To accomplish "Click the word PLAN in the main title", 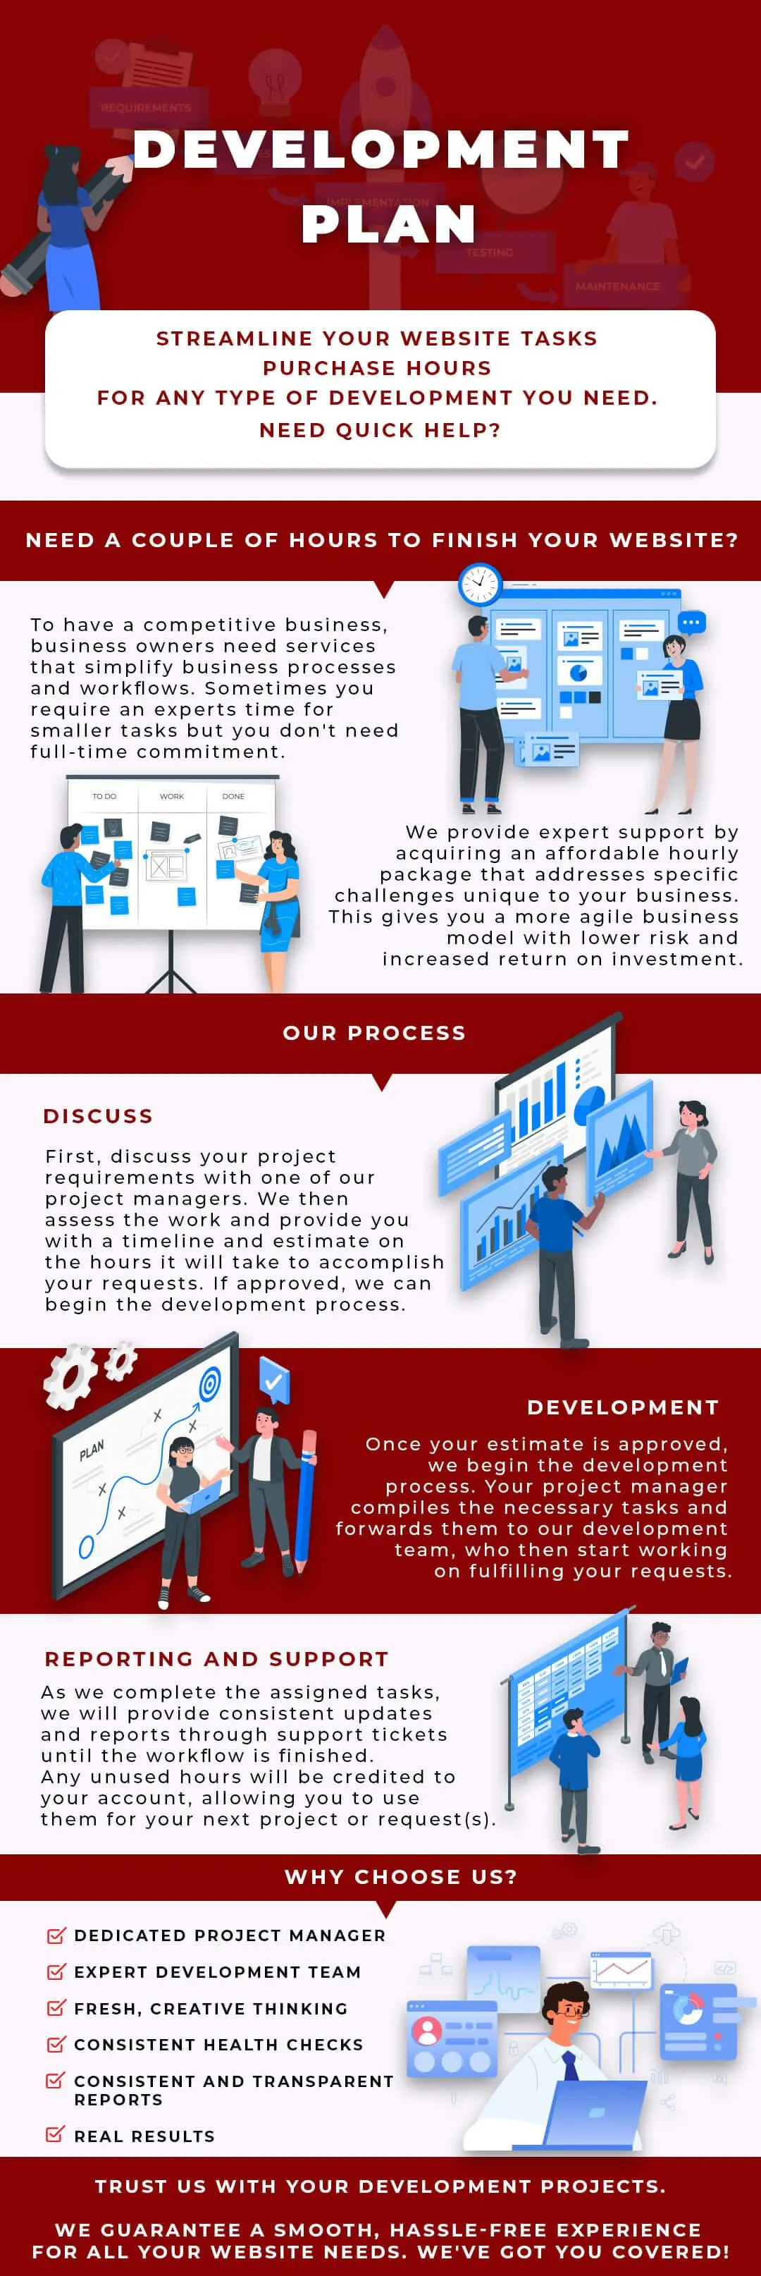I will [388, 224].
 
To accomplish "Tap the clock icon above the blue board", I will [479, 583].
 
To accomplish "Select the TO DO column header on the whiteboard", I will [104, 796].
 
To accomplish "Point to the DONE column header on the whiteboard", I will [233, 796].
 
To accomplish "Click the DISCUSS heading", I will [98, 1116].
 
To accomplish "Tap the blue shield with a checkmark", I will [273, 1379].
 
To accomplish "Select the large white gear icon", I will [70, 1376].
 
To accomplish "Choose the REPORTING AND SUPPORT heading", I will [216, 1659].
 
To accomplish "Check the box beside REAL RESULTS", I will [55, 2135].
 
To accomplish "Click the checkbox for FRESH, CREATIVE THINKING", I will [55, 2007].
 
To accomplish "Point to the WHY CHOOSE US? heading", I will [401, 1877].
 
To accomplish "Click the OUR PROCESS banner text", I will [374, 1033].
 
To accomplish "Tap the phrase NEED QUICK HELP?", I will [380, 430].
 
